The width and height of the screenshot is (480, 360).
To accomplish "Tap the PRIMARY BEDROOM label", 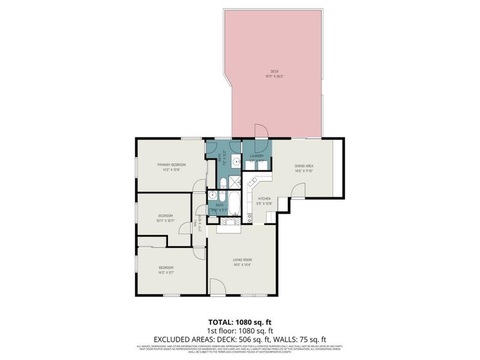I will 172,164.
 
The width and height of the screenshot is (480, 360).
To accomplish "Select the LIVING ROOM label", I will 242,260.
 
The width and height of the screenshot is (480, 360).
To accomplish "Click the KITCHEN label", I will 265,199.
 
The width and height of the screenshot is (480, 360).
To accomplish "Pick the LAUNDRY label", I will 257,155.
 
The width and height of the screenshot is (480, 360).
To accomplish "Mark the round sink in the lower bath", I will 212,194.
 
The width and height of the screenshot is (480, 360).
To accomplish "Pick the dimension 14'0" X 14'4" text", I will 242,265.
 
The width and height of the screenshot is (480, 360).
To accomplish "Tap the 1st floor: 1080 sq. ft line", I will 240,331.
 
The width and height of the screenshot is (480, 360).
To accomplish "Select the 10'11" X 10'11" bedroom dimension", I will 166,220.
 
